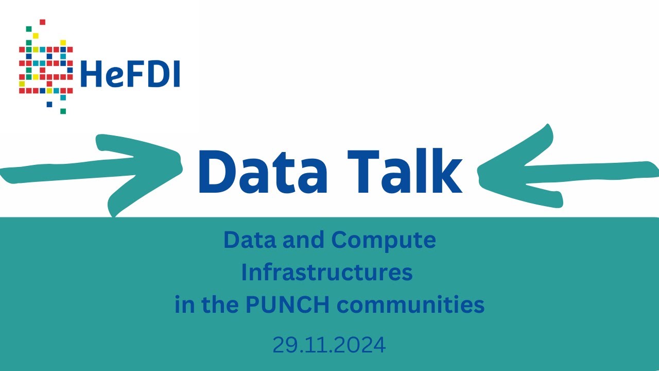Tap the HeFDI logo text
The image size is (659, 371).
click(130, 74)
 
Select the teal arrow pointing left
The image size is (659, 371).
click(561, 166)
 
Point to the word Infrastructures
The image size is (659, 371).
click(327, 273)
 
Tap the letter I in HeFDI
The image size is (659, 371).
click(177, 74)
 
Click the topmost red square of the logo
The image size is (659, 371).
click(42, 22)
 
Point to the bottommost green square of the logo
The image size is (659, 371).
click(63, 111)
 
